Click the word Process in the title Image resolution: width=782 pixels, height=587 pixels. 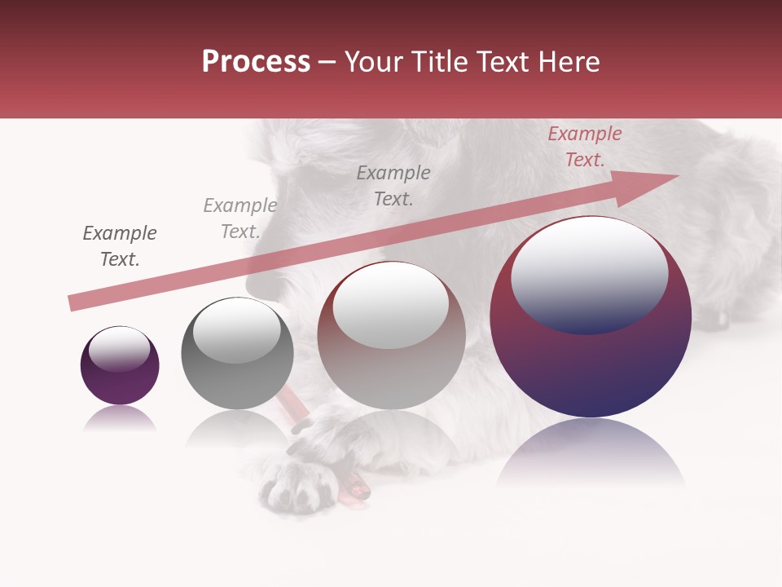256,62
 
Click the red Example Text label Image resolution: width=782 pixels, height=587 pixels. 584,147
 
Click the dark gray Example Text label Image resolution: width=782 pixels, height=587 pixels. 119,246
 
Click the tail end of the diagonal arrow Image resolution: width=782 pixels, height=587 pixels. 75,303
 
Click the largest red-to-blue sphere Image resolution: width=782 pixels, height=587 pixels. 591,359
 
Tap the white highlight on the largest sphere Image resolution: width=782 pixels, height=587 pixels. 589,273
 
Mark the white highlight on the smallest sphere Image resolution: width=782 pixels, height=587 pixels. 119,349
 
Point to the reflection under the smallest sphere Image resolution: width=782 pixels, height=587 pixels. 120,419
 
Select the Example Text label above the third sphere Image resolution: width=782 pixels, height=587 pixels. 393,186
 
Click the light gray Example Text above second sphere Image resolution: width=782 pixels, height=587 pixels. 239,218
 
